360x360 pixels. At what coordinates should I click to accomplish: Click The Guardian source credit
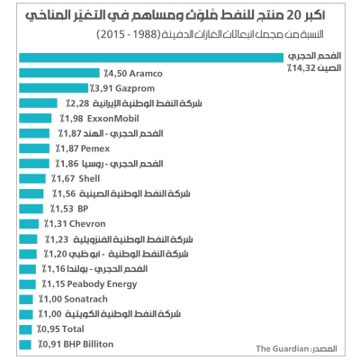281,348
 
